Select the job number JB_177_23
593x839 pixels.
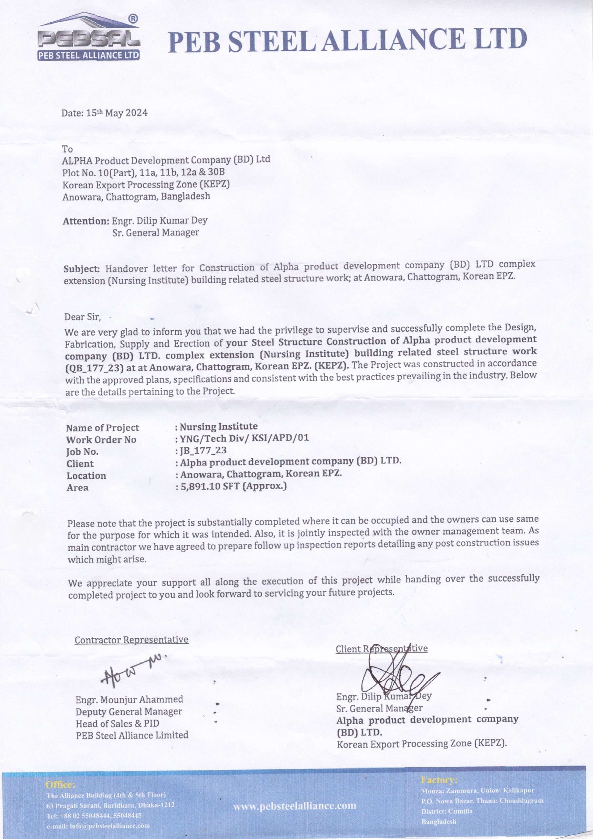point(203,450)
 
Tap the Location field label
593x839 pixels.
point(86,476)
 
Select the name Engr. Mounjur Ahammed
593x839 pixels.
point(129,699)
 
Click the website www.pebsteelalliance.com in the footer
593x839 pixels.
point(295,805)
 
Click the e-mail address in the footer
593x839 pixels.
point(98,826)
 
